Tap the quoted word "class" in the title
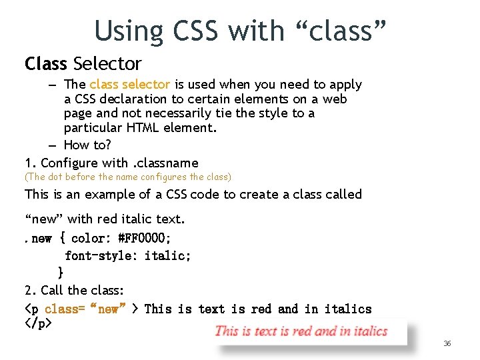[342, 31]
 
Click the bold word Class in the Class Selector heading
[46, 64]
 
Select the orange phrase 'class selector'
[129, 85]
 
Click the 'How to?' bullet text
[87, 145]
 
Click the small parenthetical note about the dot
[128, 177]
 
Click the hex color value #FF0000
[144, 238]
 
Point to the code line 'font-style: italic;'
[128, 255]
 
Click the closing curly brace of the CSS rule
[61, 272]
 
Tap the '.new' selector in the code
[39, 238]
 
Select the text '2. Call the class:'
[74, 290]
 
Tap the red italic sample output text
[301, 331]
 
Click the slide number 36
[447, 343]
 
